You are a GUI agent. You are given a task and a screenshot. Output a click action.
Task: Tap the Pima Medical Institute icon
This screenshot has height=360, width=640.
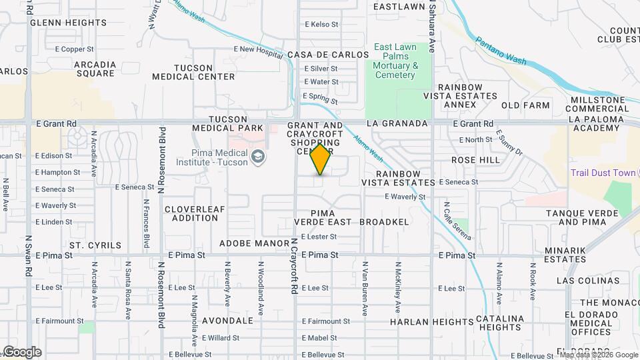click(x=259, y=157)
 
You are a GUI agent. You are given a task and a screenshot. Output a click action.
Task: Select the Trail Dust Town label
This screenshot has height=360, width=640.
click(x=603, y=173)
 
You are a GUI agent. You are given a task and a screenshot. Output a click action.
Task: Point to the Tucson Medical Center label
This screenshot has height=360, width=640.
click(x=193, y=72)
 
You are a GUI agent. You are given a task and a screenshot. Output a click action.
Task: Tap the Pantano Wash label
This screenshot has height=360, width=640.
click(x=501, y=51)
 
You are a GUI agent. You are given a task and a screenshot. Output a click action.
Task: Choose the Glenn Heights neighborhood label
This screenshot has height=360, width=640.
click(x=68, y=23)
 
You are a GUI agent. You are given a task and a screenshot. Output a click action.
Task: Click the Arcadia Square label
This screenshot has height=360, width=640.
click(x=96, y=69)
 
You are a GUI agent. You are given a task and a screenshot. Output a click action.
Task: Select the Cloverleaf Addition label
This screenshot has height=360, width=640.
click(x=195, y=213)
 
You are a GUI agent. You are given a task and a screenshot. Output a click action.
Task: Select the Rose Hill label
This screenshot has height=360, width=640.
click(x=475, y=161)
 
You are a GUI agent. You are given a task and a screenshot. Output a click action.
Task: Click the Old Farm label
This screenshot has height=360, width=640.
click(x=525, y=105)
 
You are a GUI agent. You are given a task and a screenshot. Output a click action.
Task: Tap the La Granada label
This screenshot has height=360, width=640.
click(x=396, y=124)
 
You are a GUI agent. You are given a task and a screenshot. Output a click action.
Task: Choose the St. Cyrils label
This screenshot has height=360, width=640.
click(x=95, y=245)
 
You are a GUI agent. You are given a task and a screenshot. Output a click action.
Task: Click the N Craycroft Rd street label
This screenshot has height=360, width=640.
click(x=293, y=267)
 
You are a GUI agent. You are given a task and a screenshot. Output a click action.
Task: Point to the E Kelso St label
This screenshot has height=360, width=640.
click(x=322, y=24)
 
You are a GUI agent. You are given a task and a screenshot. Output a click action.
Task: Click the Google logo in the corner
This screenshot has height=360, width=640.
click(x=22, y=352)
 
